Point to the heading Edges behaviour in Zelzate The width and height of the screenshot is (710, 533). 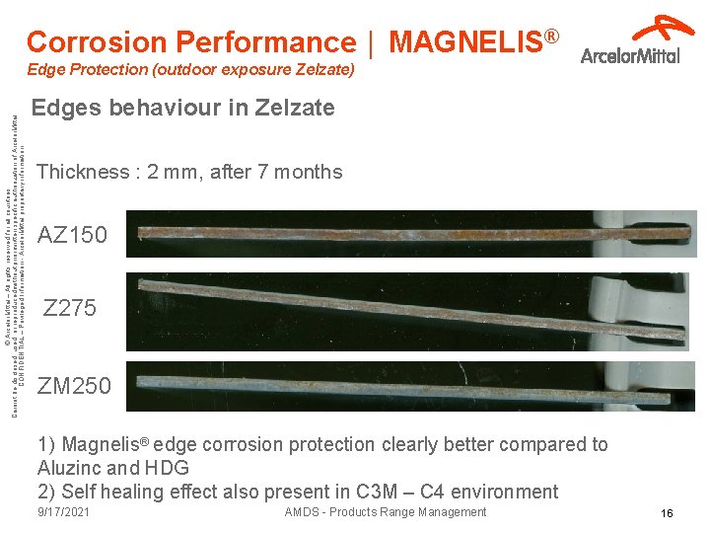[x=183, y=108]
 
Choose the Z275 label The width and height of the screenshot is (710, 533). [x=71, y=308]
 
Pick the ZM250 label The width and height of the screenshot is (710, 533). [x=75, y=385]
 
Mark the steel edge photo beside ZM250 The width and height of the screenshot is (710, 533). [x=414, y=385]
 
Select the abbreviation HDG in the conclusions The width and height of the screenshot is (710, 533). [x=166, y=468]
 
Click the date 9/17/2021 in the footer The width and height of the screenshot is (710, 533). [x=64, y=512]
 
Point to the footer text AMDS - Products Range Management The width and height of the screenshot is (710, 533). [x=385, y=512]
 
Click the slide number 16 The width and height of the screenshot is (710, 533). [x=667, y=514]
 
